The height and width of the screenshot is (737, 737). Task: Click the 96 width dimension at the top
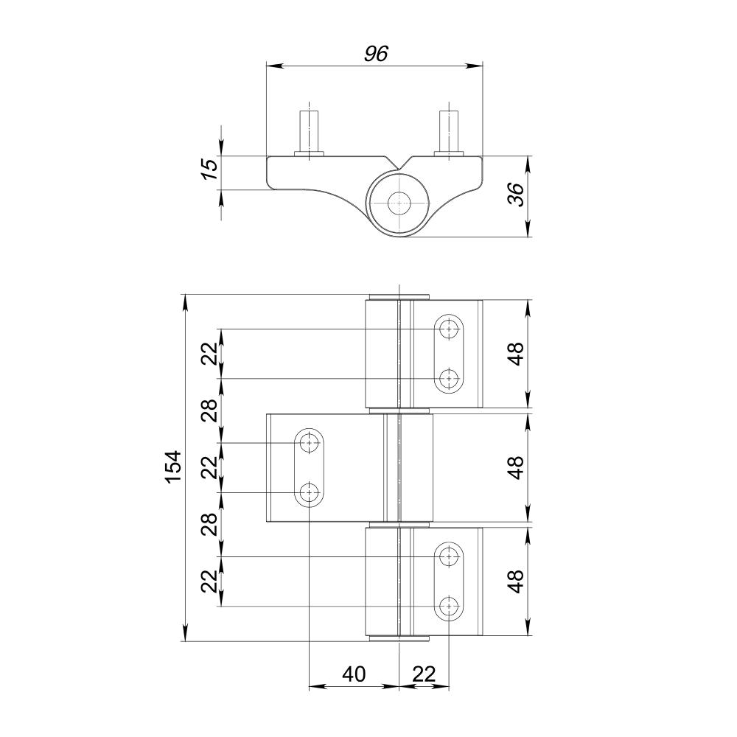[x=376, y=54]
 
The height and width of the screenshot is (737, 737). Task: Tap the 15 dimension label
[x=211, y=170]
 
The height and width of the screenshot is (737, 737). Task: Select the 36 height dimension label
[x=516, y=194]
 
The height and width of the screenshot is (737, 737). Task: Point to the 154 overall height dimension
[x=173, y=467]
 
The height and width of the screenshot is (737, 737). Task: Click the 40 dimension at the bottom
[x=354, y=674]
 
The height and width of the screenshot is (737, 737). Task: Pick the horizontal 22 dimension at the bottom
[x=424, y=674]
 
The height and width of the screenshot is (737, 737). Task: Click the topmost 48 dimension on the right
[x=516, y=354]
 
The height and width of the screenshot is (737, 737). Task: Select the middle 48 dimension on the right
[x=516, y=468]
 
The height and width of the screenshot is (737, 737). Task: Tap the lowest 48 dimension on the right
[x=516, y=581]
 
